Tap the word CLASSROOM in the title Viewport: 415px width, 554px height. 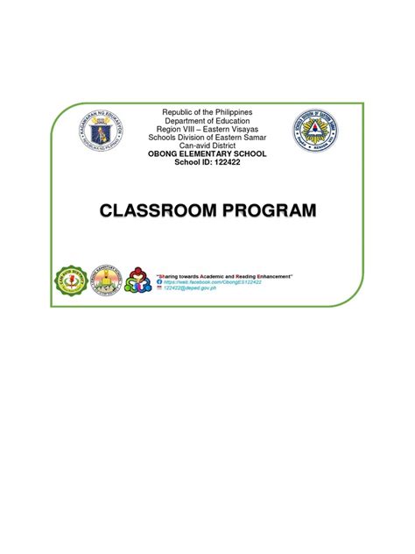[158, 210]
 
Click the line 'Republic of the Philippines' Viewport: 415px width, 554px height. [207, 113]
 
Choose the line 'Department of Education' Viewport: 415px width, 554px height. [207, 122]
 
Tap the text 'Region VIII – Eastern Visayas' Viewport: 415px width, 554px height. [207, 131]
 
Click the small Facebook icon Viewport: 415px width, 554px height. [158, 282]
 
